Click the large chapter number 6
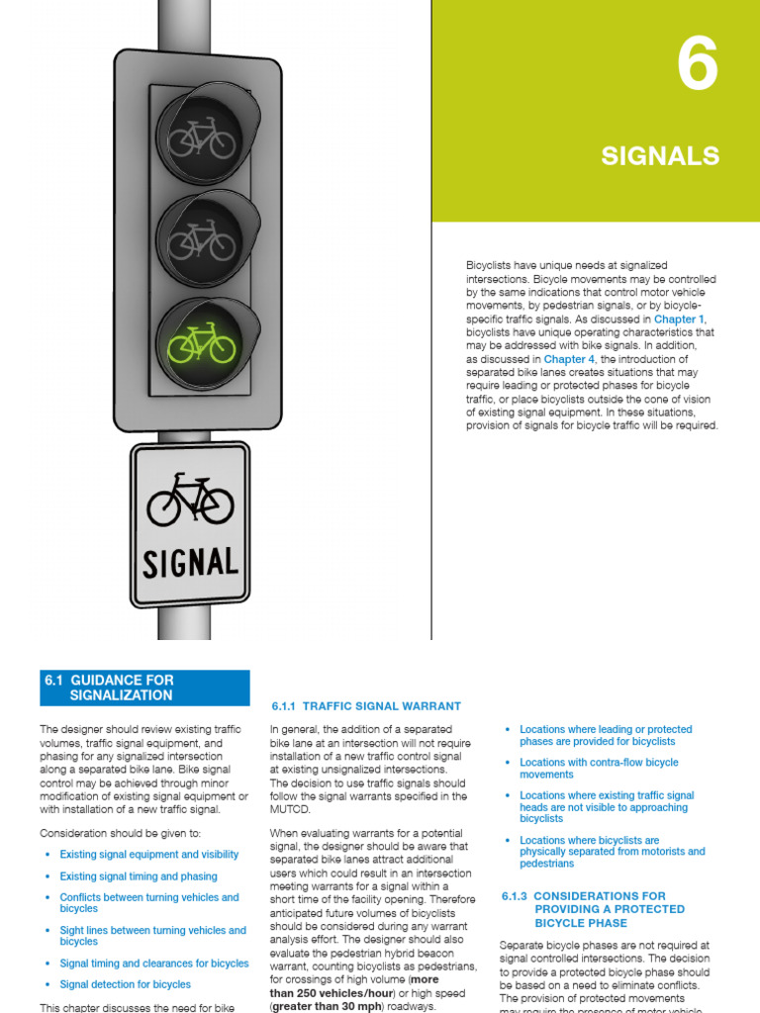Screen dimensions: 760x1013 point(697,68)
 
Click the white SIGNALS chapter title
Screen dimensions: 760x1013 point(660,155)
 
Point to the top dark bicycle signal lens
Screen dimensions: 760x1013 point(202,138)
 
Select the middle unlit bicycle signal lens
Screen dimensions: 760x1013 point(202,240)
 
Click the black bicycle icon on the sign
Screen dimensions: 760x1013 point(190,500)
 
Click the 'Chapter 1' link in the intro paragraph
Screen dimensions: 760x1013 point(679,320)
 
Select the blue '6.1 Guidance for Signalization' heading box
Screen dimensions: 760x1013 point(144,688)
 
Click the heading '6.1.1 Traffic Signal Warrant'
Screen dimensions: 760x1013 point(366,706)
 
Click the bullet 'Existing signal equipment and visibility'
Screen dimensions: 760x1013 point(148,855)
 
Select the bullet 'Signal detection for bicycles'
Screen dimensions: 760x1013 point(125,984)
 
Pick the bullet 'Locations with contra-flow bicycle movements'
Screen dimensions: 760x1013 point(599,769)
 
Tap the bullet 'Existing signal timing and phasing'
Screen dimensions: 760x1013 point(138,876)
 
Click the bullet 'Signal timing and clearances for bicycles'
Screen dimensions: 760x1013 point(154,964)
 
